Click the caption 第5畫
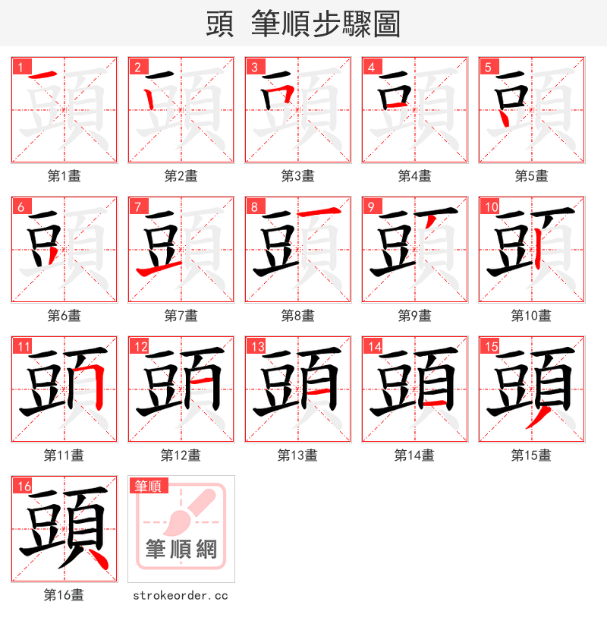[531, 176]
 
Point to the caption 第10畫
[531, 316]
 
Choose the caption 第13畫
[297, 455]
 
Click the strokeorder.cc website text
[181, 596]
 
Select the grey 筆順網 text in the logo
[181, 548]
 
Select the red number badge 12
[140, 347]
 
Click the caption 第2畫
[181, 176]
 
